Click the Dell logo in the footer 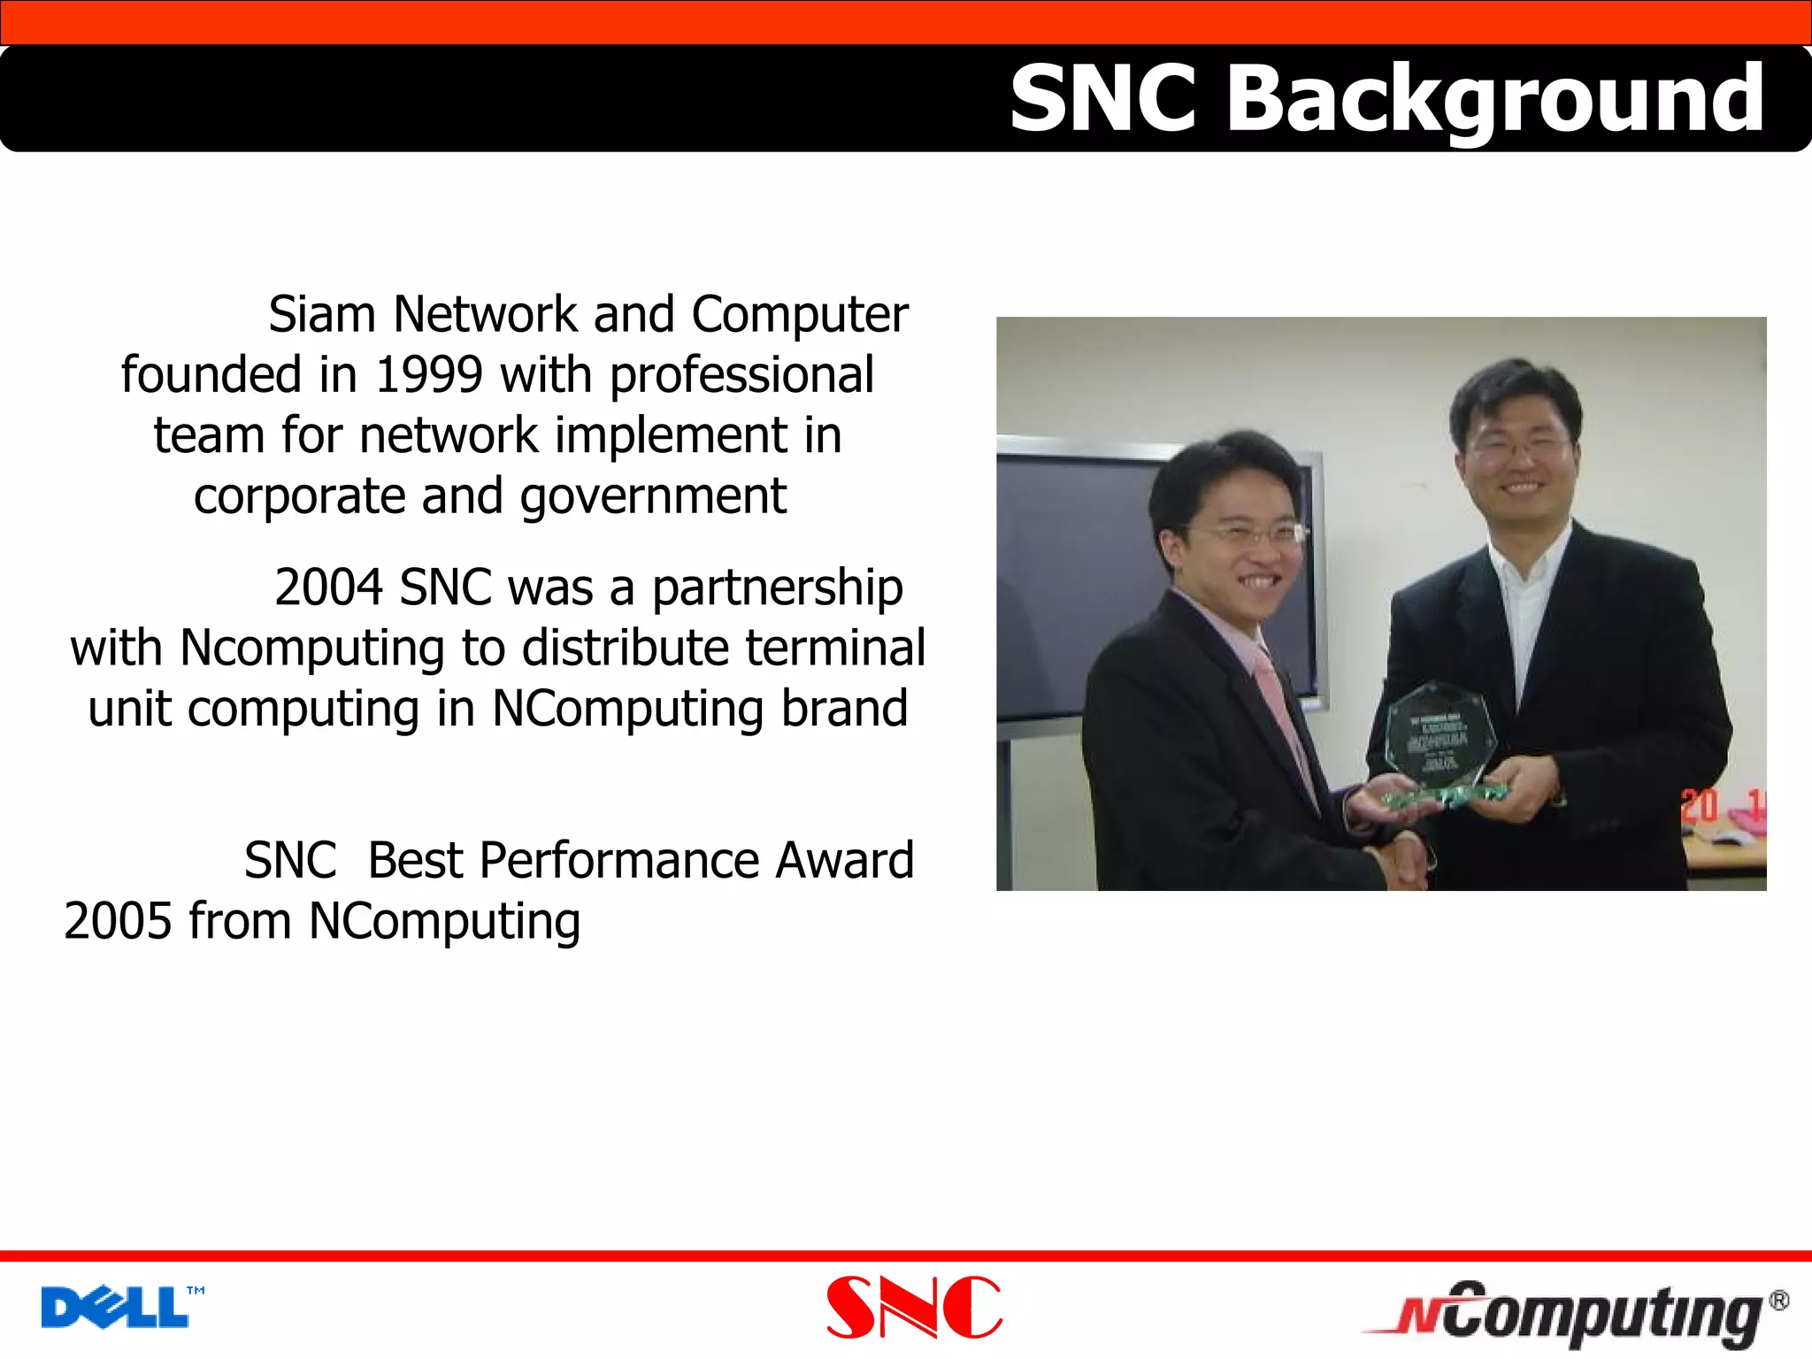click(x=116, y=1308)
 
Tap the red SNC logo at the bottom click(x=914, y=1308)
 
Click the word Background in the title click(x=1495, y=99)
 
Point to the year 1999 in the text click(x=429, y=375)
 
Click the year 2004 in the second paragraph click(x=328, y=587)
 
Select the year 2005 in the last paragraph click(x=118, y=922)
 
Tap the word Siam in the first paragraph click(x=322, y=315)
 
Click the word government click(x=653, y=497)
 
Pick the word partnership click(x=777, y=589)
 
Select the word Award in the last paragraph click(x=844, y=861)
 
